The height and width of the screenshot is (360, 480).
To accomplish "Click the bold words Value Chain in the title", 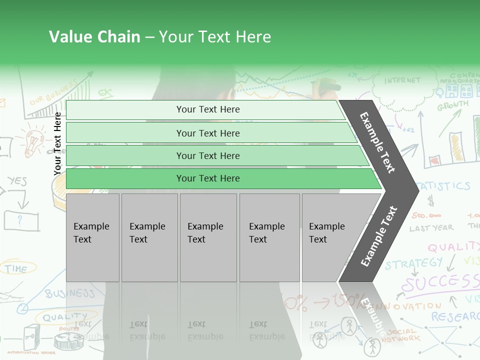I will [94, 37].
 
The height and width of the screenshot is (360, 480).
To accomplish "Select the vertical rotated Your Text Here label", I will [57, 143].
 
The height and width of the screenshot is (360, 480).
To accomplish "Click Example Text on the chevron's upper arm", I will [377, 142].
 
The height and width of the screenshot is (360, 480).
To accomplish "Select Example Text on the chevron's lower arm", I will [378, 236].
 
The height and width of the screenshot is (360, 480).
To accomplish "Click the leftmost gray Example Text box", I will [92, 237].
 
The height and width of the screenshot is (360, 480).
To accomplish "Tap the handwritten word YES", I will [17, 181].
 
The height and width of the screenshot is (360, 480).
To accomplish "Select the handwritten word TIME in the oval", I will [16, 269].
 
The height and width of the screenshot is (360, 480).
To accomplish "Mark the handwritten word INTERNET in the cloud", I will [402, 80].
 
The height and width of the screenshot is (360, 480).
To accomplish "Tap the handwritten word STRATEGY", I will [413, 263].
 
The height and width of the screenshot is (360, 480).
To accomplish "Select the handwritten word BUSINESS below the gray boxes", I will [70, 293].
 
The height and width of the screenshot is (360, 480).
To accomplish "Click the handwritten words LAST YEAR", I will [431, 228].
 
